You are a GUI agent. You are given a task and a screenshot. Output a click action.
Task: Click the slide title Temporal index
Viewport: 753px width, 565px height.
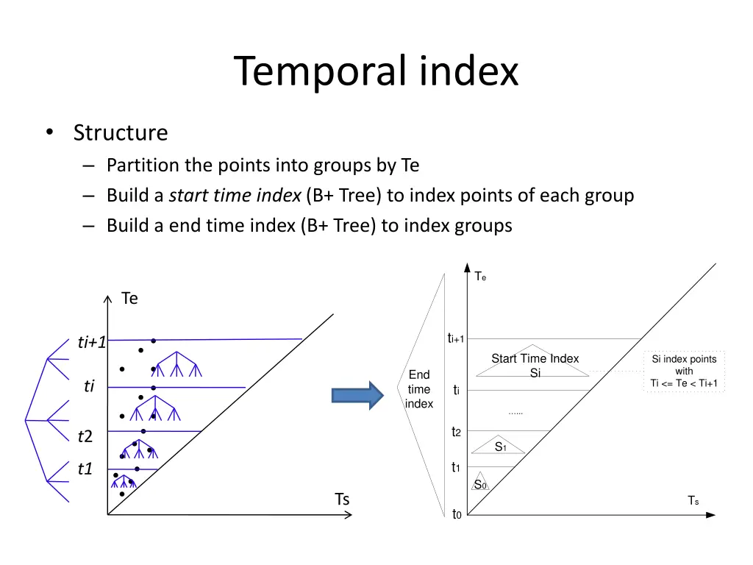(376, 71)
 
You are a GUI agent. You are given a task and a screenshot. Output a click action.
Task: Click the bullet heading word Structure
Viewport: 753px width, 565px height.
(121, 132)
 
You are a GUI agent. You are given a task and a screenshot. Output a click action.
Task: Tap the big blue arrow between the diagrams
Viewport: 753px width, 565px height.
(357, 395)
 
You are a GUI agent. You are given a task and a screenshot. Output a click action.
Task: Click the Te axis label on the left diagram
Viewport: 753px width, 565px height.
(129, 299)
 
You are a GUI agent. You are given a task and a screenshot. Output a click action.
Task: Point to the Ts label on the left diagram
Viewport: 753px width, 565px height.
(342, 500)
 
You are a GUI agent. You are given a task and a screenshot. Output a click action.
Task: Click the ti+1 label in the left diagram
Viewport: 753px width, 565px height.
(93, 342)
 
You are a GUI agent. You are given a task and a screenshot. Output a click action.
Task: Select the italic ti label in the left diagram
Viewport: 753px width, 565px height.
(89, 386)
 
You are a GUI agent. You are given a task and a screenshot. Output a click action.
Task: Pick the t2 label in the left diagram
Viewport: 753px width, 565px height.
(85, 437)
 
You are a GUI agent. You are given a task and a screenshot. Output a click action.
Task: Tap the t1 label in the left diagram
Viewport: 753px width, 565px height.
(85, 469)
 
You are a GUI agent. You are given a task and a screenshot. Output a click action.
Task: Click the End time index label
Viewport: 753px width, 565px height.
(419, 389)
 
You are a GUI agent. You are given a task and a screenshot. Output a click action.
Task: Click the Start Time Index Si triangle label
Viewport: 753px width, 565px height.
(535, 365)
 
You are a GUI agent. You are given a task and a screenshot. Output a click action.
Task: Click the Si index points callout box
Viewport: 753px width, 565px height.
(684, 371)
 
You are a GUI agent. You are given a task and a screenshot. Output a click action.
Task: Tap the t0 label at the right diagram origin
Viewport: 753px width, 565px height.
(456, 514)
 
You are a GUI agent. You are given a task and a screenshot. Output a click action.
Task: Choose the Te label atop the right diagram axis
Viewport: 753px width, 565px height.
(480, 276)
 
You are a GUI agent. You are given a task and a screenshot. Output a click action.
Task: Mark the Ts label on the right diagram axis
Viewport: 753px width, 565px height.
(693, 501)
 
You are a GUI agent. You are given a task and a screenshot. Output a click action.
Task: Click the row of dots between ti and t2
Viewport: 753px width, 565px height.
(515, 413)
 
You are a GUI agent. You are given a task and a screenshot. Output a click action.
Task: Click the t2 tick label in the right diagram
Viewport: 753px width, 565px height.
(456, 432)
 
